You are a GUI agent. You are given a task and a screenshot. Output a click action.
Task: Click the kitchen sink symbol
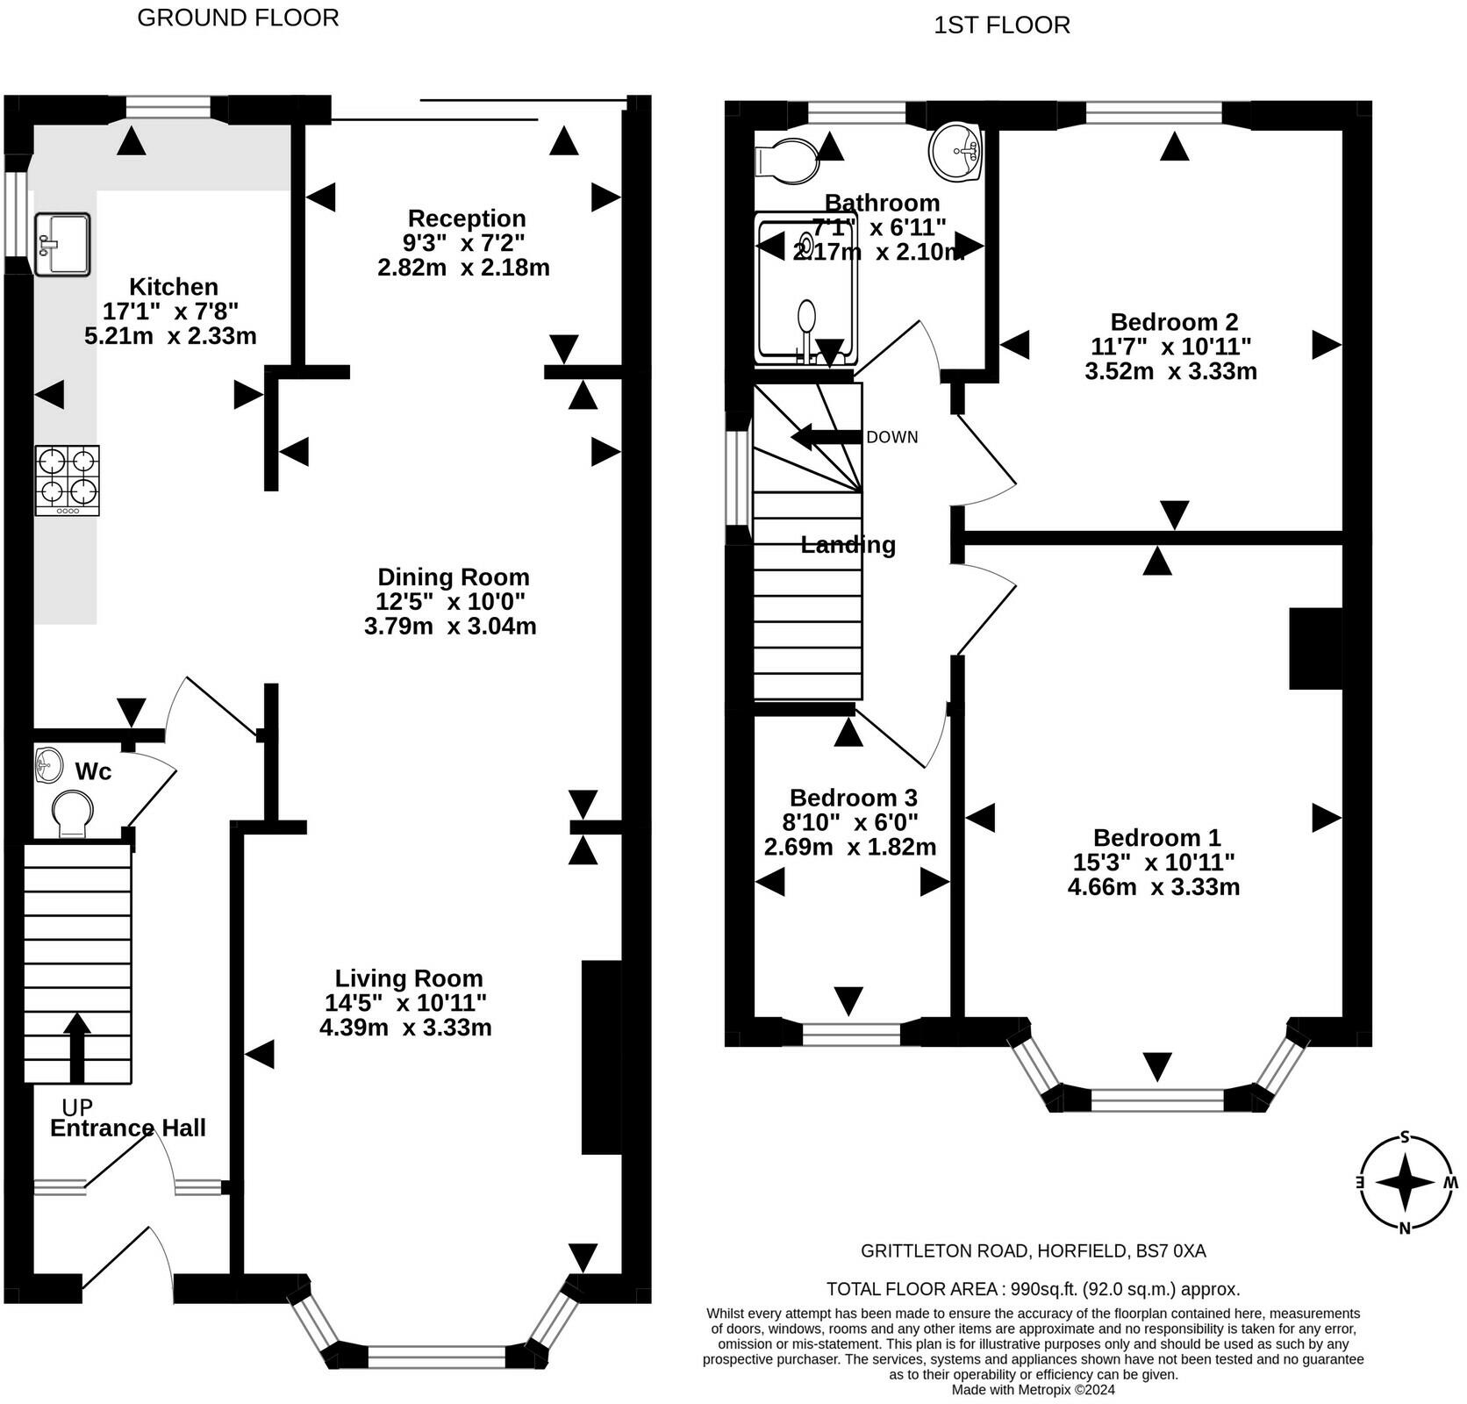pos(62,243)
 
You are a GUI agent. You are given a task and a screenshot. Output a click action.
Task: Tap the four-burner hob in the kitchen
pos(68,480)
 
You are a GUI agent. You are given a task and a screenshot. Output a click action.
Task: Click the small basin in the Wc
pos(49,764)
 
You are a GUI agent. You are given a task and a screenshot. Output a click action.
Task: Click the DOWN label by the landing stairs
pos(892,437)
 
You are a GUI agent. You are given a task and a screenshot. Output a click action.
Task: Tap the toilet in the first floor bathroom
pos(786,160)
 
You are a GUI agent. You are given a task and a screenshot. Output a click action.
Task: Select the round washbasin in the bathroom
pos(955,150)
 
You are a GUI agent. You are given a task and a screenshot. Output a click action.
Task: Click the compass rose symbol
pos(1405,1183)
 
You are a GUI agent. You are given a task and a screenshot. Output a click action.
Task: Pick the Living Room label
pos(409,978)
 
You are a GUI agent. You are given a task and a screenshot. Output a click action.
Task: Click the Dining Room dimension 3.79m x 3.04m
pos(450,626)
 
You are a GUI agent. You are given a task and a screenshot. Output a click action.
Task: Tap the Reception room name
pos(467,218)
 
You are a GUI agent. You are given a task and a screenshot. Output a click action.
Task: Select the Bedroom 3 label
pos(854,797)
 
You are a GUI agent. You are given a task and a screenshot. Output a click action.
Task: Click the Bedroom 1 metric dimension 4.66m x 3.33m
pos(1154,886)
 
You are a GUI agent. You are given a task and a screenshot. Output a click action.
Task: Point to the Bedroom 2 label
pos(1174,321)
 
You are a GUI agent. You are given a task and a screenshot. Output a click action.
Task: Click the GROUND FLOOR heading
pos(238,18)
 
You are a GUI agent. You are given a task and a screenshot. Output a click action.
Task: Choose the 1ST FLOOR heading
pos(1002,25)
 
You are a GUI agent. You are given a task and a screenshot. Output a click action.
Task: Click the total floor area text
pos(1034,1289)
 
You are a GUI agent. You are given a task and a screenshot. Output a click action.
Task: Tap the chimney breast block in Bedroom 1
pos(1316,648)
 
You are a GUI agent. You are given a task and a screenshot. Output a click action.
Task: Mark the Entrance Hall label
pos(128,1128)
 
